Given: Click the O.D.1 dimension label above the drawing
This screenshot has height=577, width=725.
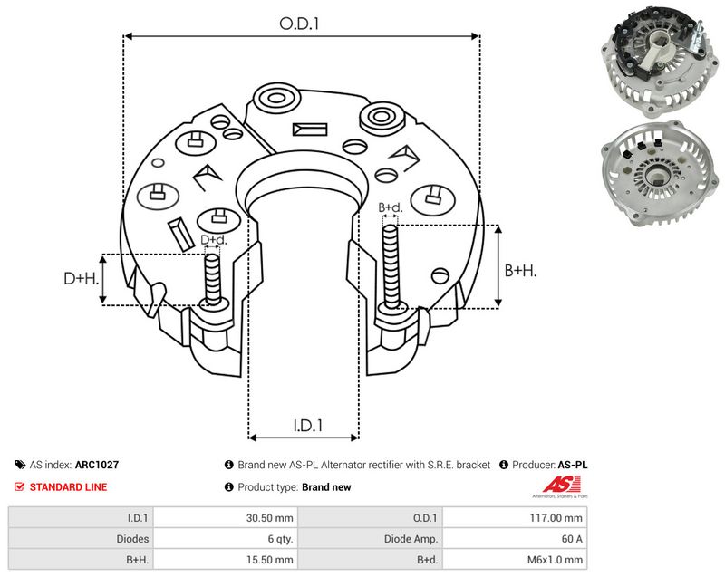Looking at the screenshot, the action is pyautogui.click(x=299, y=24).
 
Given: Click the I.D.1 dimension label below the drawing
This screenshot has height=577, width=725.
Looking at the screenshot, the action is pyautogui.click(x=307, y=425).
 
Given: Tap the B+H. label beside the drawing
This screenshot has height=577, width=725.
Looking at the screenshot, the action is pyautogui.click(x=520, y=270).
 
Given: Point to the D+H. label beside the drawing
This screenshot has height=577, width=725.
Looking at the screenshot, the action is pyautogui.click(x=81, y=278).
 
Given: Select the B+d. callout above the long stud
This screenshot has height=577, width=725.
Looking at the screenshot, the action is pyautogui.click(x=391, y=207).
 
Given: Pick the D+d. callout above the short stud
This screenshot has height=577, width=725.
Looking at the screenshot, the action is pyautogui.click(x=214, y=240).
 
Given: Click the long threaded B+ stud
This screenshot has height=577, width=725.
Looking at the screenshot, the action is pyautogui.click(x=391, y=266).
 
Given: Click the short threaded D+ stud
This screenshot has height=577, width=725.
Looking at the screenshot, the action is pyautogui.click(x=213, y=279).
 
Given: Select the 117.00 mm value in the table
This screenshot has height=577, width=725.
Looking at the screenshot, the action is pyautogui.click(x=556, y=518).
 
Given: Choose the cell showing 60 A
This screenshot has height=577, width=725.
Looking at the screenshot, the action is pyautogui.click(x=572, y=539).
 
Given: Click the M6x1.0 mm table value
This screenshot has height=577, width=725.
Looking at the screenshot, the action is pyautogui.click(x=555, y=560).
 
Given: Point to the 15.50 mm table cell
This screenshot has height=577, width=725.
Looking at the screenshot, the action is pyautogui.click(x=269, y=560).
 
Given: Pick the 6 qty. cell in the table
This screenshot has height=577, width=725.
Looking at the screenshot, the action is pyautogui.click(x=280, y=539).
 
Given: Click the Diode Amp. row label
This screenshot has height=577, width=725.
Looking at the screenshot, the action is pyautogui.click(x=411, y=539).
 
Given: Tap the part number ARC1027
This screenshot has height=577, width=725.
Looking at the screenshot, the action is pyautogui.click(x=97, y=465).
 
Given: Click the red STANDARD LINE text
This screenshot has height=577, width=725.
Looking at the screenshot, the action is pyautogui.click(x=68, y=487).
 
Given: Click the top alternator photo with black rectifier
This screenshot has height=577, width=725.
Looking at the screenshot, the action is pyautogui.click(x=660, y=63).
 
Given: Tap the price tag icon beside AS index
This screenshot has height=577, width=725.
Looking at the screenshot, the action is pyautogui.click(x=20, y=465).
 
